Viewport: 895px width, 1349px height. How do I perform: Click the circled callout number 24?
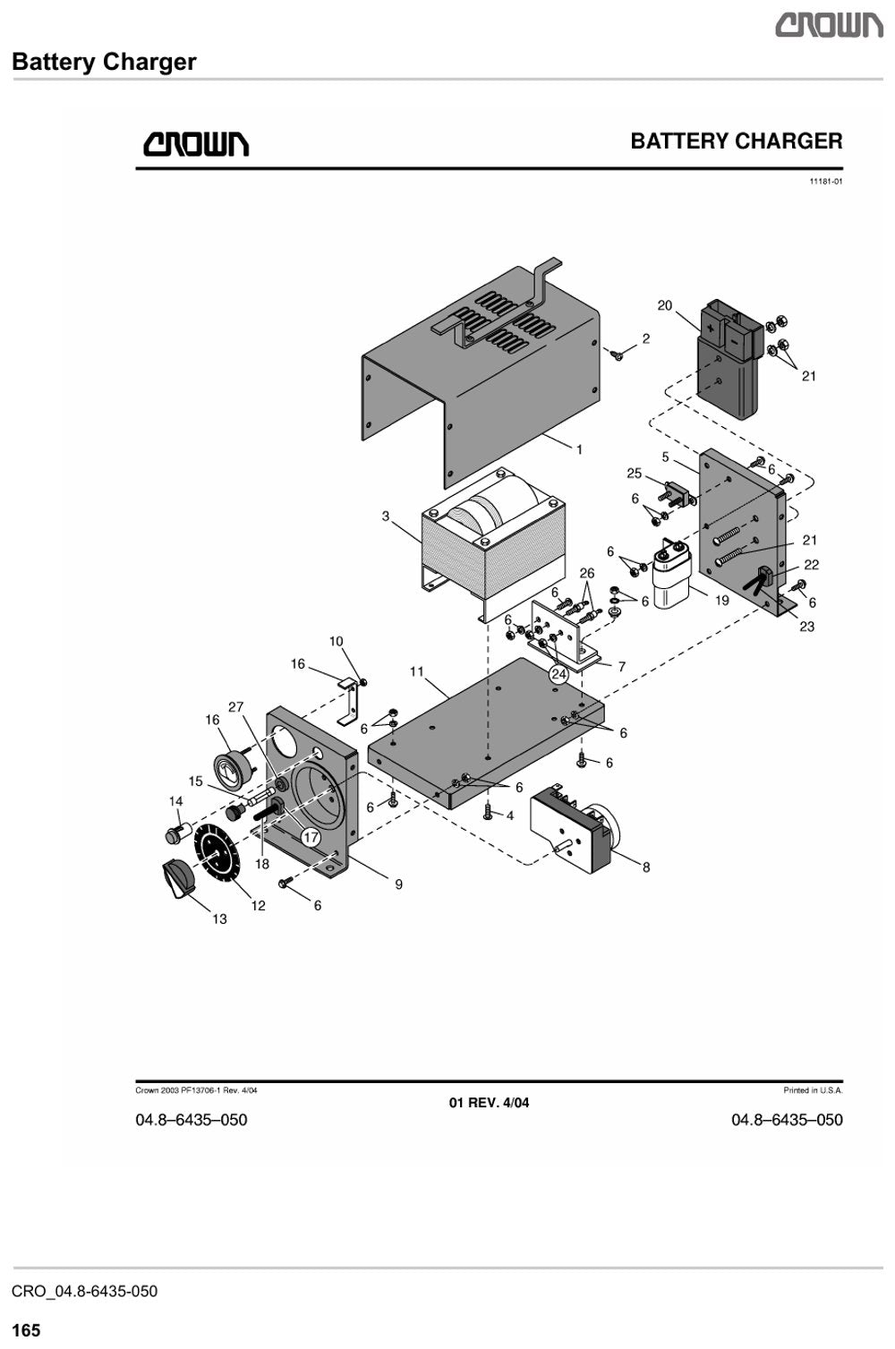(x=558, y=674)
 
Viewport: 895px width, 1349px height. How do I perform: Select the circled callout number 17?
(x=311, y=836)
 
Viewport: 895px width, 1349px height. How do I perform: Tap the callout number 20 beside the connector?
(x=664, y=305)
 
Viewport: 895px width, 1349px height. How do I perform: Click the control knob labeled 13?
(x=178, y=879)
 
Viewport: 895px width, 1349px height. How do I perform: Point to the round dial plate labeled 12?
(x=217, y=850)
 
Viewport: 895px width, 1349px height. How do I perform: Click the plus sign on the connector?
(x=711, y=329)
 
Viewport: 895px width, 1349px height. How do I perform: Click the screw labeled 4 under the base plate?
(x=489, y=812)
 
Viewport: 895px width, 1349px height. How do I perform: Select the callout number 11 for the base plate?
(x=417, y=670)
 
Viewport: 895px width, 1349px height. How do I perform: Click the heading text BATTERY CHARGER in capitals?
(x=736, y=141)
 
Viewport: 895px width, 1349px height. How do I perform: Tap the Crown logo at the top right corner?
(x=829, y=26)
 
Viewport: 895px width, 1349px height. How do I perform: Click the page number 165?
(x=26, y=1329)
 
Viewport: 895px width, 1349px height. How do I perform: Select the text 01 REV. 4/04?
(x=489, y=1103)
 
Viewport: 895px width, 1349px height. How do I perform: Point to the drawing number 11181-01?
(x=826, y=182)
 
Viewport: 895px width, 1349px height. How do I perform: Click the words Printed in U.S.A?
(x=813, y=1090)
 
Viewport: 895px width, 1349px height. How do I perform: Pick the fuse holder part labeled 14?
(x=178, y=832)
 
